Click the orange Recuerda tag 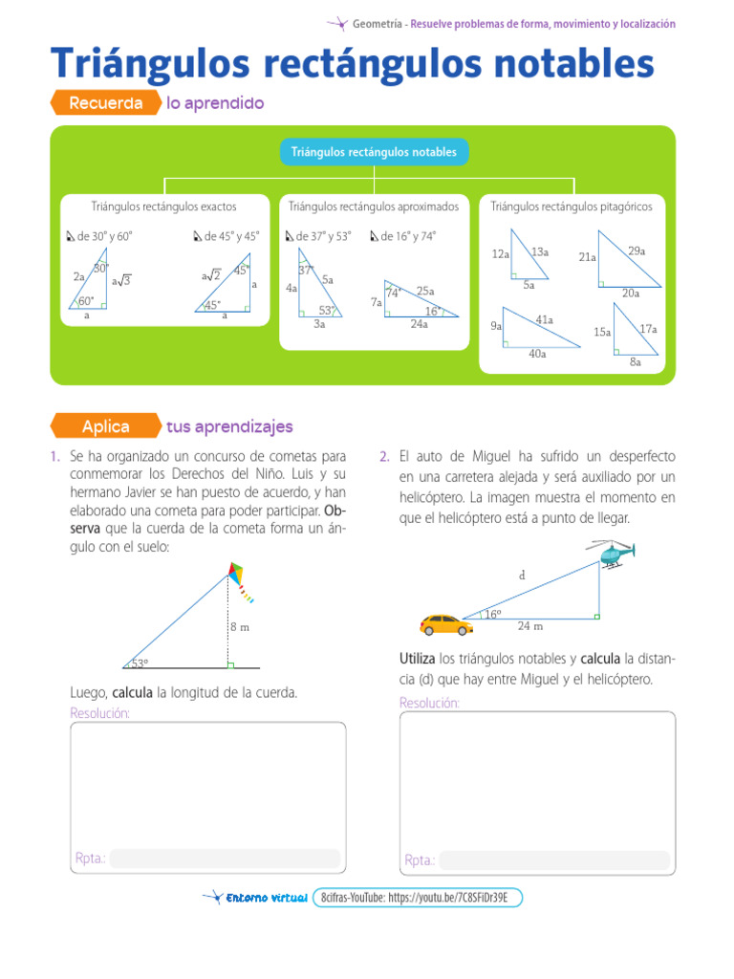(105, 103)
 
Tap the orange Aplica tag (105, 426)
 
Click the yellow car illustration (446, 624)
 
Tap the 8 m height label (239, 627)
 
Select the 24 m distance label (530, 626)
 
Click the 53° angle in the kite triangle (140, 663)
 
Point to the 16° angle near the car (493, 615)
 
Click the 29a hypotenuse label (637, 250)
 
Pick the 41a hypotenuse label (545, 319)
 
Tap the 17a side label (648, 329)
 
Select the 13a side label (540, 252)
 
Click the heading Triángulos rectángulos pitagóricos (571, 207)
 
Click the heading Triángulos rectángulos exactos (163, 207)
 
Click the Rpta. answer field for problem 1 (225, 859)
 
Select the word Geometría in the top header (377, 24)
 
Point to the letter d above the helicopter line (522, 576)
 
